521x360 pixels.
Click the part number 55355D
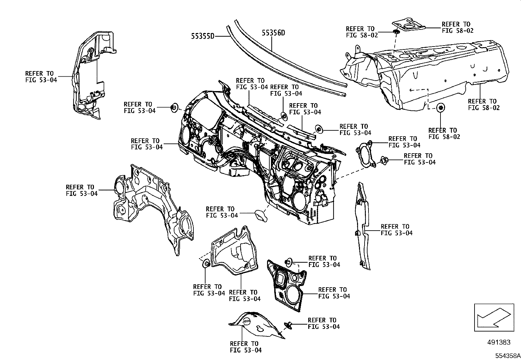point(203,36)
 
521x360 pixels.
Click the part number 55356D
point(273,33)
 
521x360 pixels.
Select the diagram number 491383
point(498,342)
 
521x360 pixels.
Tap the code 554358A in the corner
point(507,356)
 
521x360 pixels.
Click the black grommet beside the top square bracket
point(395,32)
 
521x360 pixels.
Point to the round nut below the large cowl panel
point(441,107)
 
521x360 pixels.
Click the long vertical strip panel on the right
point(363,226)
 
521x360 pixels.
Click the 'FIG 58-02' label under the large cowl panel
point(484,107)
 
